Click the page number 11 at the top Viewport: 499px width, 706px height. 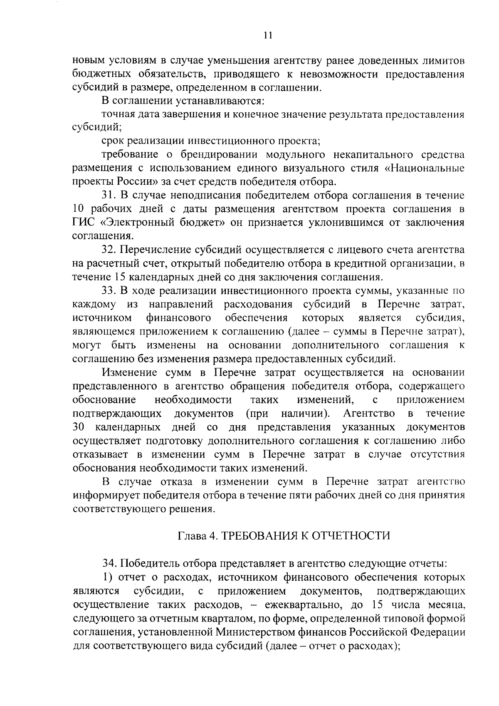[267, 36]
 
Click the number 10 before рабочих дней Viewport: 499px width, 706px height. [79, 209]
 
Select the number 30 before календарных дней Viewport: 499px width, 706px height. [79, 427]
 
